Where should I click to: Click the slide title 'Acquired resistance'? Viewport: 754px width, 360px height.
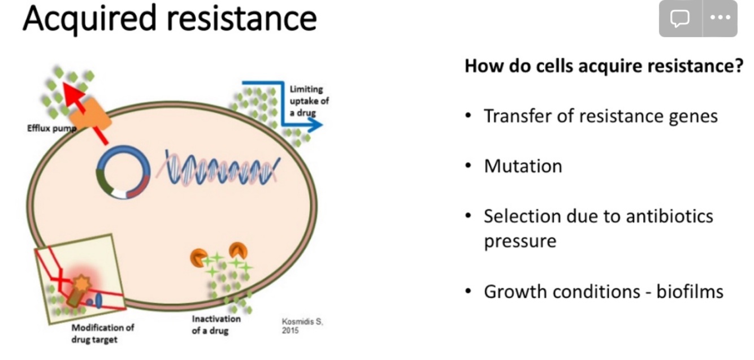point(169,18)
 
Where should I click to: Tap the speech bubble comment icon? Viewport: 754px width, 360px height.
point(679,18)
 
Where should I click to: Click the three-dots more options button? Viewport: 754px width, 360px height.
point(720,18)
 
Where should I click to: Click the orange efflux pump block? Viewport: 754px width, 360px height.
point(91,112)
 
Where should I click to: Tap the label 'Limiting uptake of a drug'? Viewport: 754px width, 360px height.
point(309,101)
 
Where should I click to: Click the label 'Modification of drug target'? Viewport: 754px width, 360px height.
point(102,333)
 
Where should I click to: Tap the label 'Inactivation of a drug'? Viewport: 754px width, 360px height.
point(215,324)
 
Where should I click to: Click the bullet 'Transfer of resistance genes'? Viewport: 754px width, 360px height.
point(601,116)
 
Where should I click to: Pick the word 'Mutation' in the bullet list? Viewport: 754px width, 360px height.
point(523,166)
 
